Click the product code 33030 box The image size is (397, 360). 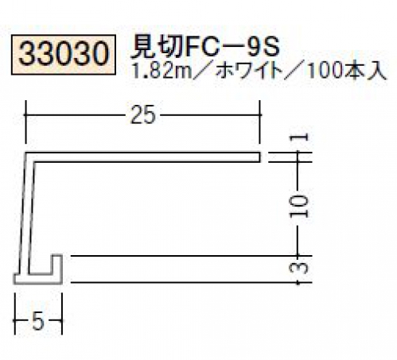point(64,55)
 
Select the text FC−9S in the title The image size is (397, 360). point(232,48)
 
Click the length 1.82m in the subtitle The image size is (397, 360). point(162,72)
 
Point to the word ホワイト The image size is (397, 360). point(248,72)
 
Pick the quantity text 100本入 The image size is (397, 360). point(346,72)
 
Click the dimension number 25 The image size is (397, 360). point(142,115)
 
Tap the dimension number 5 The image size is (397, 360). point(37,321)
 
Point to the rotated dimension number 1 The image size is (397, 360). point(299,137)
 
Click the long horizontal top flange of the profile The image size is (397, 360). point(143,157)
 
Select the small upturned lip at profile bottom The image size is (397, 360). point(57,265)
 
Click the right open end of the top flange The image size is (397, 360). point(260,157)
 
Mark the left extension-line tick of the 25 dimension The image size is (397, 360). point(25,122)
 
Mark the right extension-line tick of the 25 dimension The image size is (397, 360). point(260,122)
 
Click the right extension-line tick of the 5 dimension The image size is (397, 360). point(62,314)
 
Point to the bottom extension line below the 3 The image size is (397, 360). point(191,283)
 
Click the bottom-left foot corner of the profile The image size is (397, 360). point(14,284)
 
